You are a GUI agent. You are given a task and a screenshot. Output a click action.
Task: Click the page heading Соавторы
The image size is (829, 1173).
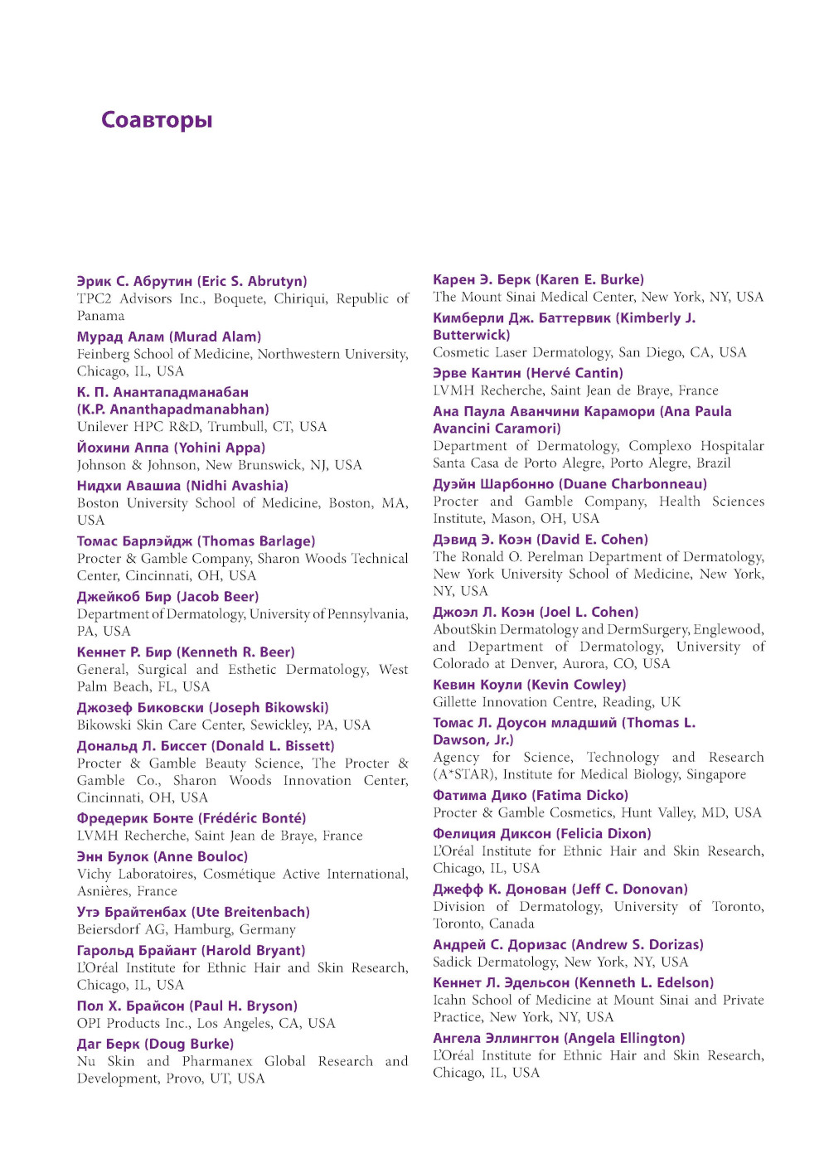(x=157, y=120)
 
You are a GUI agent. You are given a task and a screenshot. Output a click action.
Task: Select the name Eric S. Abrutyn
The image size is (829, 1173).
(x=254, y=281)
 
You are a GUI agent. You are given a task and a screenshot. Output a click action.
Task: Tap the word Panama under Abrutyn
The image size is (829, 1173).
(x=100, y=316)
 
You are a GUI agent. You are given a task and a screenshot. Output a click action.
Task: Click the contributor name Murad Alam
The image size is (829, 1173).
(x=216, y=337)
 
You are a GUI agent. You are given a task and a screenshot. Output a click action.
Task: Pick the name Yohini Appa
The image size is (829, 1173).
(x=220, y=448)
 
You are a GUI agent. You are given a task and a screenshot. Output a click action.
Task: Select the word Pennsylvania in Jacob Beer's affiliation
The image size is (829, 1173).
(x=366, y=614)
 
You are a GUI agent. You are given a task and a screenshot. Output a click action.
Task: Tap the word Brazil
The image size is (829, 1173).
(x=713, y=463)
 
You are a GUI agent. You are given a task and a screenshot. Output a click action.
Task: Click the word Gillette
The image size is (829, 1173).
(x=457, y=702)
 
